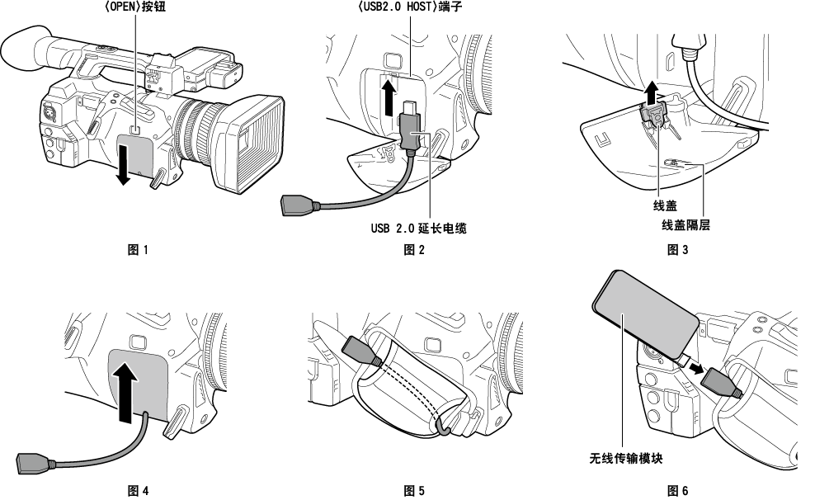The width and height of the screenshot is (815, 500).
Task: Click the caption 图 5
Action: (414, 491)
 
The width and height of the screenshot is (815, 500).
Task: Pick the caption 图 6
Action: (676, 491)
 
